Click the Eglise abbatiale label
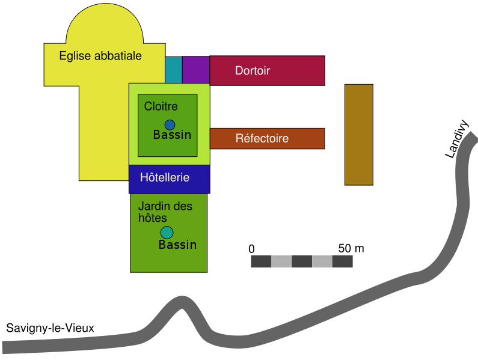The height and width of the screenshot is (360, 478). click(100, 56)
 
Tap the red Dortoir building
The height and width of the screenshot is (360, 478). click(267, 70)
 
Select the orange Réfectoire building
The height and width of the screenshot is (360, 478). click(267, 138)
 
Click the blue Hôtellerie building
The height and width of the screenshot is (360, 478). click(169, 178)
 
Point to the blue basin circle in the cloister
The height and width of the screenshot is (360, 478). click(170, 125)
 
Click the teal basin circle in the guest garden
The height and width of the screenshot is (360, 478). click(167, 233)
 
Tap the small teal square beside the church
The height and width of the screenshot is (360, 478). click(173, 70)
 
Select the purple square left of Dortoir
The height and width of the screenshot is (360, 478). click(195, 70)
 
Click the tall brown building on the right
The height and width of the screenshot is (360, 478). click(358, 135)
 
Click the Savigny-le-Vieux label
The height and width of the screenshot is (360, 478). click(51, 328)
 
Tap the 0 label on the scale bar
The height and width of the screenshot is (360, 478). click(251, 249)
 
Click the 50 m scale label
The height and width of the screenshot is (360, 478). click(351, 248)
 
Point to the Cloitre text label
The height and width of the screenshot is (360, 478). click(161, 106)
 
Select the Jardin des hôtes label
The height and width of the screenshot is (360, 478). click(165, 212)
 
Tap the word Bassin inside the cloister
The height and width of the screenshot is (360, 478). click(172, 135)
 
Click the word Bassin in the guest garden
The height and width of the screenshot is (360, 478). click(177, 245)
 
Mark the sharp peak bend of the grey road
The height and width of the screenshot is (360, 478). click(181, 301)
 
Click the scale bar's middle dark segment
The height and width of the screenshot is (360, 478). click(302, 261)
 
